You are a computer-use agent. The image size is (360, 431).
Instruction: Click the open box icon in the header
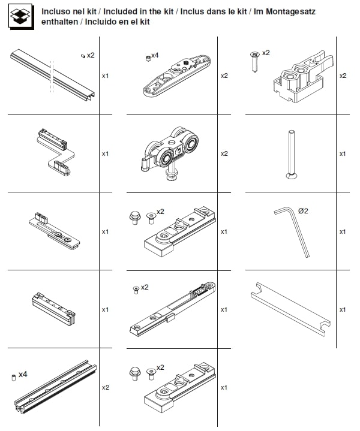click(x=21, y=16)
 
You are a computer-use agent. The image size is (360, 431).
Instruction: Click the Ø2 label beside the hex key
click(x=303, y=211)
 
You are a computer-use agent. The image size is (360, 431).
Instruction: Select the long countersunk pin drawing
click(x=291, y=154)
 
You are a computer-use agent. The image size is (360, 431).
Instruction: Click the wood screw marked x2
click(x=255, y=62)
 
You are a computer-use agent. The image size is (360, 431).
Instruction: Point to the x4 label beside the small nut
click(x=155, y=55)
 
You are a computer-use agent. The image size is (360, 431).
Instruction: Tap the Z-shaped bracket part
click(x=56, y=152)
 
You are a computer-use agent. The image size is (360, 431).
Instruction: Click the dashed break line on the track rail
click(x=52, y=76)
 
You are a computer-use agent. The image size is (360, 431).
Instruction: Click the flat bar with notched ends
click(x=290, y=309)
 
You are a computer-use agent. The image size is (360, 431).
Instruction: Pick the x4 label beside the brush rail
click(x=23, y=375)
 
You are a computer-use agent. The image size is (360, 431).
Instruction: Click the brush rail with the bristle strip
click(x=56, y=387)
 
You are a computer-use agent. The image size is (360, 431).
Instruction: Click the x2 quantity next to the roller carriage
click(x=224, y=153)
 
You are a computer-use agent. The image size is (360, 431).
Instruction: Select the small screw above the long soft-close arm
click(x=136, y=290)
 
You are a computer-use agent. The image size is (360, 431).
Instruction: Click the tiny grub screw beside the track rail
click(x=83, y=56)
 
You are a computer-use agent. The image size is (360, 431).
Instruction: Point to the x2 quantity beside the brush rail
click(x=106, y=388)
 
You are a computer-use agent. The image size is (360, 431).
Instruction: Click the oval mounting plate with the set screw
click(x=176, y=76)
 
